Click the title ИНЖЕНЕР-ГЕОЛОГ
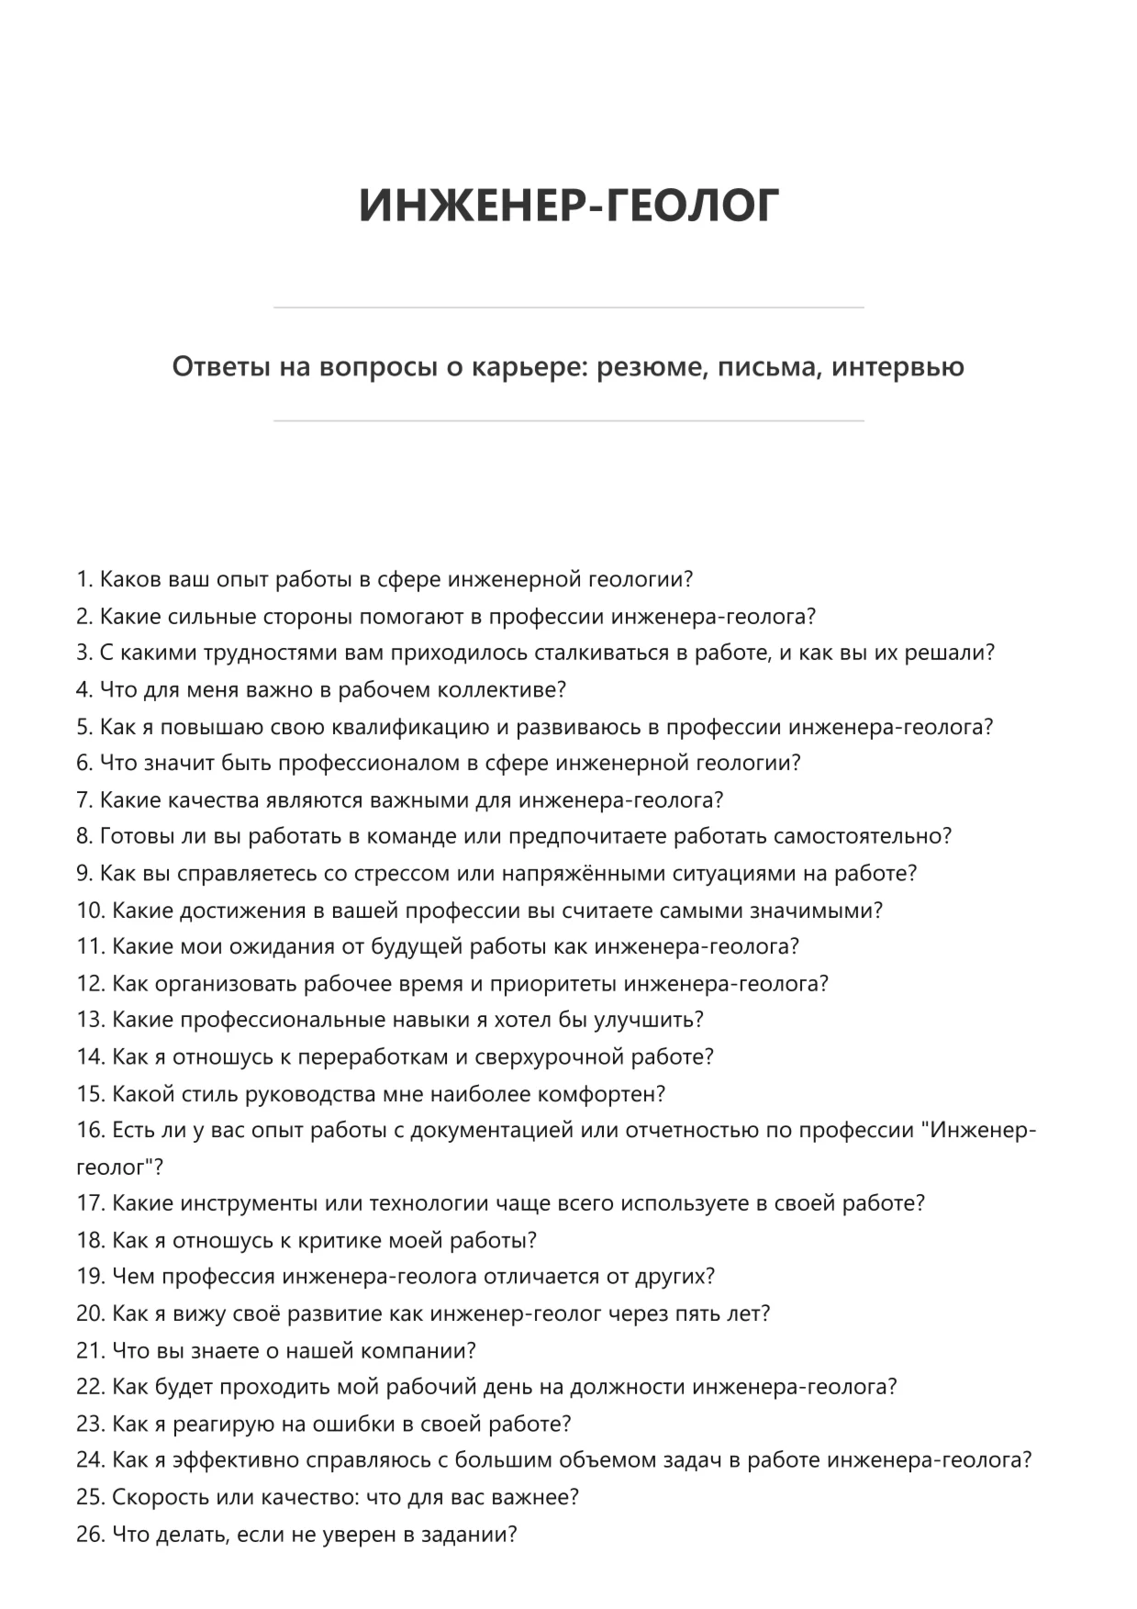pos(568,206)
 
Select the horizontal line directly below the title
pos(568,307)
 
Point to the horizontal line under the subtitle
pos(568,421)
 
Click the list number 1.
pos(84,580)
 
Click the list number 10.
pos(90,911)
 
